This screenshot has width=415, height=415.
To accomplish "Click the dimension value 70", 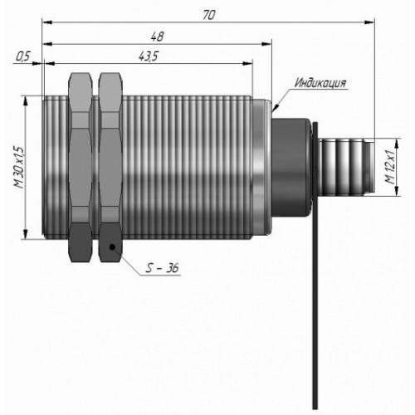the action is click(x=208, y=15).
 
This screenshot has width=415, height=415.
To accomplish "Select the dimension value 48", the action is click(x=157, y=37).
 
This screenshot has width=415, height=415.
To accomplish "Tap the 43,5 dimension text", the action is click(x=148, y=56).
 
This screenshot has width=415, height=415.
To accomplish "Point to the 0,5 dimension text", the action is click(x=22, y=56).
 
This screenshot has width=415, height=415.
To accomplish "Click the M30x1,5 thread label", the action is click(x=20, y=168).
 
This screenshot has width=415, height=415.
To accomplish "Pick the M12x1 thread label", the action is click(x=390, y=168).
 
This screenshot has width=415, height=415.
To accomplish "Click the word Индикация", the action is click(x=320, y=83).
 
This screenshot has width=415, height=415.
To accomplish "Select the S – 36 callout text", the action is click(x=163, y=267).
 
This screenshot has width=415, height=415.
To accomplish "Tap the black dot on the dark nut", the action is click(x=112, y=247).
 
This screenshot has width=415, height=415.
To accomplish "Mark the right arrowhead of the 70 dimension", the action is click(x=369, y=22).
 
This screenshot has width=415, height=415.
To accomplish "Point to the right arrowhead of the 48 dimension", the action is click(x=266, y=44).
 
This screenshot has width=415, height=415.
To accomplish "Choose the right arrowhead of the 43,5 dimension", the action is click(x=247, y=64).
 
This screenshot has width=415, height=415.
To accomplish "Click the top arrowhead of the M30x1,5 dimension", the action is click(x=25, y=100).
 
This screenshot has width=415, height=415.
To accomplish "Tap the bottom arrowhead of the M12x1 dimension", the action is click(x=398, y=191).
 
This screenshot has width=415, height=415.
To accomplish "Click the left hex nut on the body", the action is click(x=81, y=168).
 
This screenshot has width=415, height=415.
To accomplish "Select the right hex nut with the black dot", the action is click(x=110, y=168).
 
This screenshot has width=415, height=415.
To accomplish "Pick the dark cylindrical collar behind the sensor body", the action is click(x=290, y=168).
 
